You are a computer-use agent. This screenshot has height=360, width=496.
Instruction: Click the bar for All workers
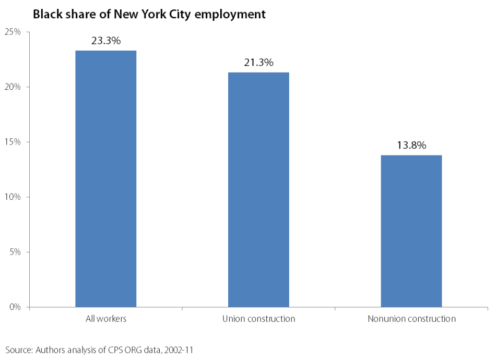(106, 178)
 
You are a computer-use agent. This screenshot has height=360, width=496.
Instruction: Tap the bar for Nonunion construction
(411, 231)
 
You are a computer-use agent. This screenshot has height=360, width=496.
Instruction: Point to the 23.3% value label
(106, 41)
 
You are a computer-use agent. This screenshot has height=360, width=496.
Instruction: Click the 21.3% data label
(258, 63)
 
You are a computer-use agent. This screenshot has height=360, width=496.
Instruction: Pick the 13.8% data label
(411, 146)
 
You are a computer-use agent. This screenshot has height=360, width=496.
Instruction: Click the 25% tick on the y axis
(13, 32)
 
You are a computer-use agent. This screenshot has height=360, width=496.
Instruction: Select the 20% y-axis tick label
(13, 87)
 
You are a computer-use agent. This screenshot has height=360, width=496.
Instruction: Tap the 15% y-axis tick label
(13, 142)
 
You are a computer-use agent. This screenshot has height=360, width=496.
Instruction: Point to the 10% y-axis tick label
(13, 197)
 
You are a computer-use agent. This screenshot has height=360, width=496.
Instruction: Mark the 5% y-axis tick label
(15, 252)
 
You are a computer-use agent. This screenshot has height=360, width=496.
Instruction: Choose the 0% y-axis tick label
(15, 307)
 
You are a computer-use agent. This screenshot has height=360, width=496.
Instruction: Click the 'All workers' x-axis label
(106, 319)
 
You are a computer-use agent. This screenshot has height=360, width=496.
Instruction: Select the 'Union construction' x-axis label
(258, 319)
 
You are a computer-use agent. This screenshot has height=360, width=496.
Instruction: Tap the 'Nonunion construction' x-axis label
(411, 319)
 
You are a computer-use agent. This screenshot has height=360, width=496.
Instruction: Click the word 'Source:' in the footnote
(19, 349)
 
